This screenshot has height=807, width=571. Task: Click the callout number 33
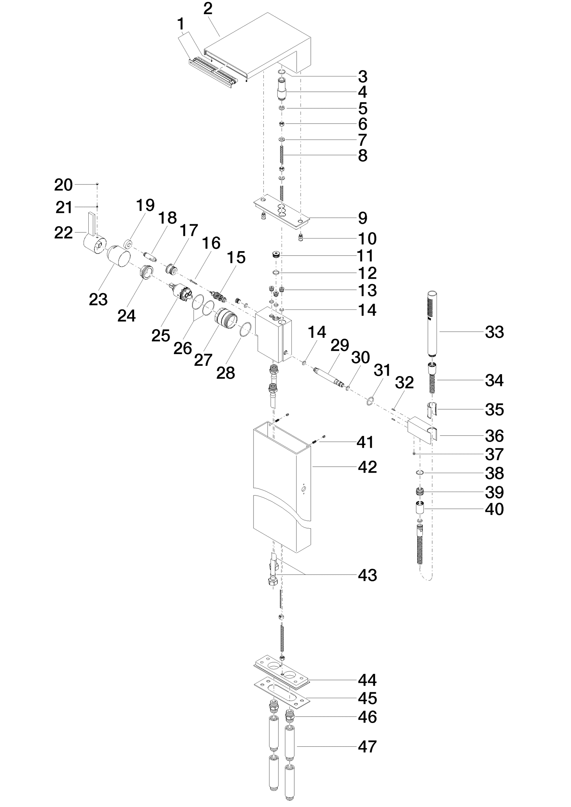tap(494, 332)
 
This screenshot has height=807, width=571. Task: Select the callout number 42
tap(368, 467)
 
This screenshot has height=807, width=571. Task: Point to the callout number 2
tap(208, 8)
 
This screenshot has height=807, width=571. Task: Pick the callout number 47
tap(368, 746)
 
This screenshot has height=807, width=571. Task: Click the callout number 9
tap(363, 218)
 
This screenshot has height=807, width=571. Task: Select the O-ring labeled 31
tap(370, 402)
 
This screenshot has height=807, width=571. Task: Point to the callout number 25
tap(160, 335)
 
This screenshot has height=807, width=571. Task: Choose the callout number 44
tap(368, 680)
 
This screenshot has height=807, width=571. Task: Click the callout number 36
tap(494, 436)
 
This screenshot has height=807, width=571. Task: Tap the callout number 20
tap(63, 185)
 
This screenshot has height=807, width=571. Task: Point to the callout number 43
tap(368, 575)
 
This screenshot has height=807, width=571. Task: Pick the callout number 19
tap(145, 205)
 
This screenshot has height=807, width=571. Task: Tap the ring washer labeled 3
tap(282, 72)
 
